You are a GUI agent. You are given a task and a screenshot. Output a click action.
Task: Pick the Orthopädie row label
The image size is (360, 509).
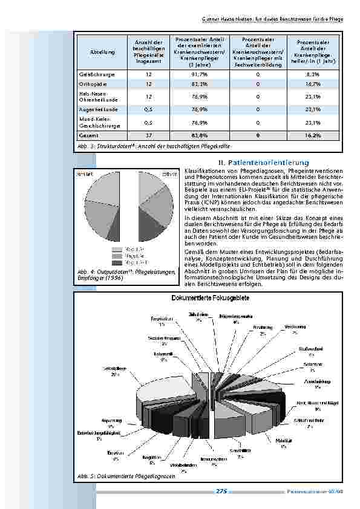89,85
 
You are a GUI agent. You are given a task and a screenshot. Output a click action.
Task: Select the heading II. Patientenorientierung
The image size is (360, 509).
264,163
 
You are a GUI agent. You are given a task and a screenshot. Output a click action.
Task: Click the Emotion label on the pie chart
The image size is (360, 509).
116,455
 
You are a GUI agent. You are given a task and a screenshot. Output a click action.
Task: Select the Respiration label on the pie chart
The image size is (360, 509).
159,320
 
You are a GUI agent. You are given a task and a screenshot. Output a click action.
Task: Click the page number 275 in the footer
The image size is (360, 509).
221,491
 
